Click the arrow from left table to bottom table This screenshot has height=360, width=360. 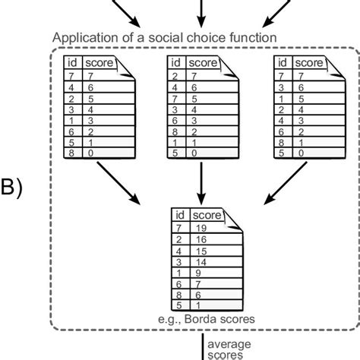click(x=118, y=186)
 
